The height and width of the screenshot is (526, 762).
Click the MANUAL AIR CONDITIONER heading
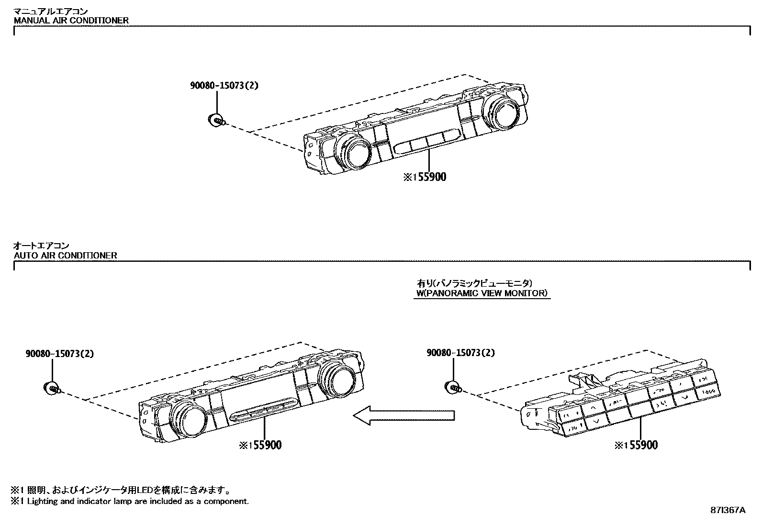click(x=71, y=21)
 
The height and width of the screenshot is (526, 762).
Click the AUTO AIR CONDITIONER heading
click(x=66, y=255)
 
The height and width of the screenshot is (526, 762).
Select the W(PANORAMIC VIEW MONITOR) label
click(x=482, y=293)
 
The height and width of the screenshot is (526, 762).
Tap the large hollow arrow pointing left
click(x=403, y=415)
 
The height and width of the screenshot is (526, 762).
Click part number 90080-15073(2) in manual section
click(x=224, y=86)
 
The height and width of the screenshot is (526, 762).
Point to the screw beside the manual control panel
click(x=216, y=120)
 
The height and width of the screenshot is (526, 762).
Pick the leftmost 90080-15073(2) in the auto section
click(x=59, y=354)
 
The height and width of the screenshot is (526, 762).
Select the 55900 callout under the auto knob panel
click(x=260, y=446)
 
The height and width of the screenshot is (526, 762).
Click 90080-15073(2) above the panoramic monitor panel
click(x=461, y=353)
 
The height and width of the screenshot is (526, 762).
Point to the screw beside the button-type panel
click(x=453, y=388)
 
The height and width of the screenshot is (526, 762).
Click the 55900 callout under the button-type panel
click(x=637, y=446)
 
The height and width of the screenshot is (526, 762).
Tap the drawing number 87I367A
click(x=728, y=510)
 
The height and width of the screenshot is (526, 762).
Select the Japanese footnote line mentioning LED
click(x=122, y=490)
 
